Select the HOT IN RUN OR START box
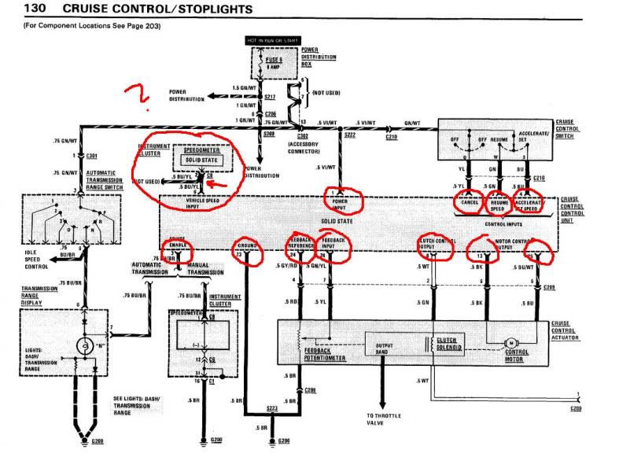point(274,40)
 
